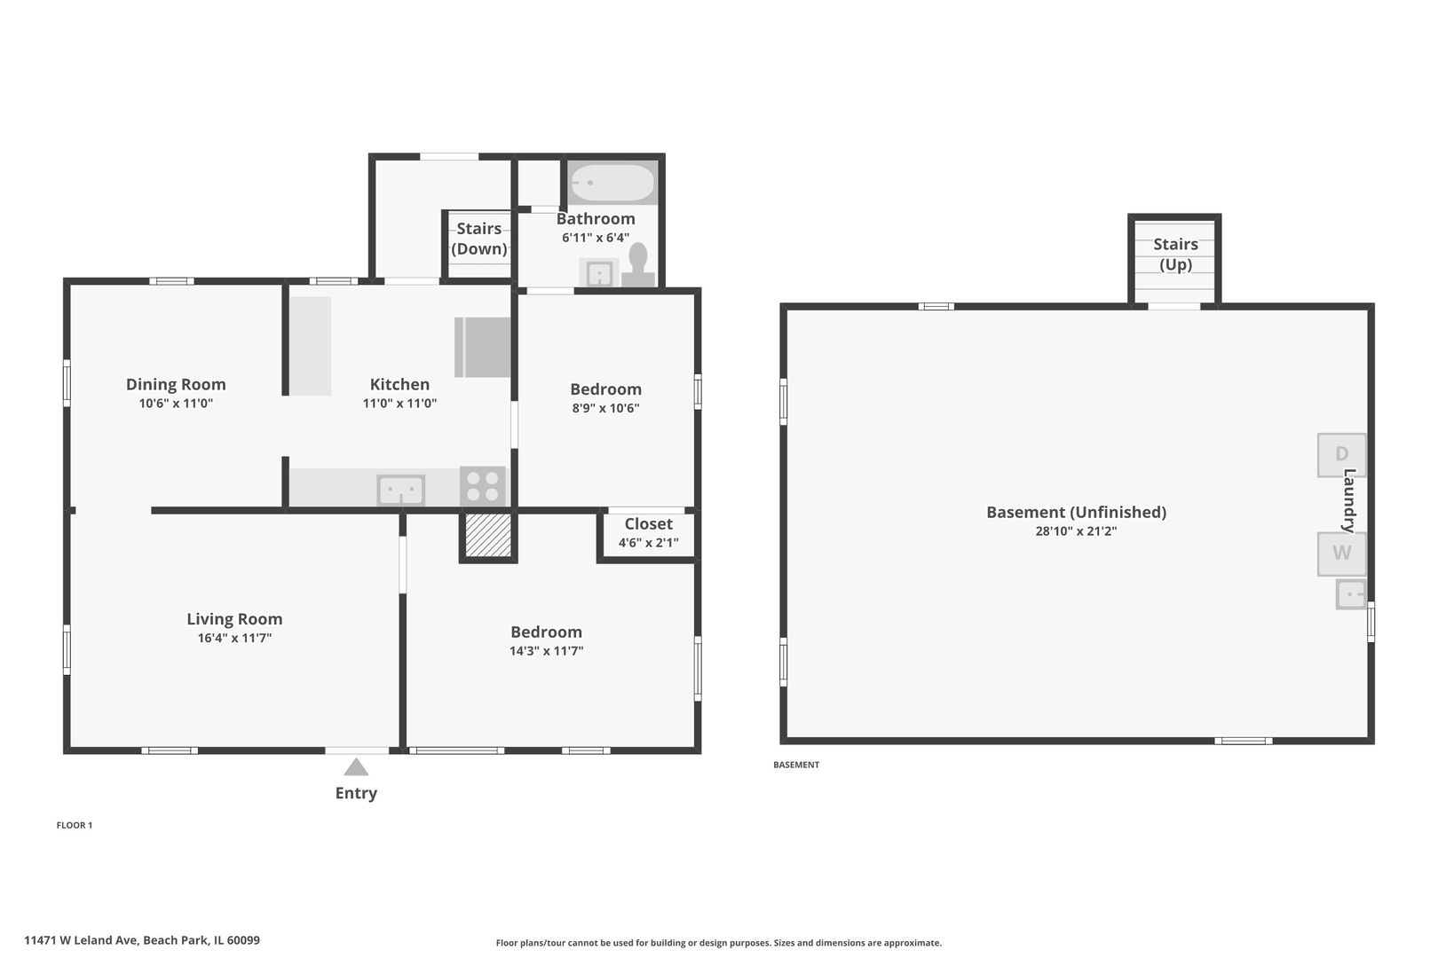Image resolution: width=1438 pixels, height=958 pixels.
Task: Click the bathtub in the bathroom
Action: (612, 183)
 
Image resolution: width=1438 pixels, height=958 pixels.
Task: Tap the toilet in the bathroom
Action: (638, 264)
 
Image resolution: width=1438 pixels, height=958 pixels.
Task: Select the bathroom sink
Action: (599, 273)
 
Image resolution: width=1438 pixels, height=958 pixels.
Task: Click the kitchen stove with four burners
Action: (483, 486)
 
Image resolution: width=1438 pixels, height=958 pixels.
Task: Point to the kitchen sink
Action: (401, 490)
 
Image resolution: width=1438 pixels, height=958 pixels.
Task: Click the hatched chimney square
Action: (487, 535)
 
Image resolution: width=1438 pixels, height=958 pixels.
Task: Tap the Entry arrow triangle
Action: (356, 767)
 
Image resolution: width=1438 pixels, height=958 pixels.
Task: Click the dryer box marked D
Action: (1341, 455)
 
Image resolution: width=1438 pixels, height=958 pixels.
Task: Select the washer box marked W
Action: (1341, 554)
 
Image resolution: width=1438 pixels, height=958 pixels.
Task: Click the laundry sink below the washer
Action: (1350, 594)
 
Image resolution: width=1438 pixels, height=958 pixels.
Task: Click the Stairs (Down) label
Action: (479, 239)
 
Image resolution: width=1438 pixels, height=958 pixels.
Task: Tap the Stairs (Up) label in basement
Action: (1175, 254)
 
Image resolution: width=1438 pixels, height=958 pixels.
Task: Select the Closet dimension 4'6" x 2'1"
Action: (648, 543)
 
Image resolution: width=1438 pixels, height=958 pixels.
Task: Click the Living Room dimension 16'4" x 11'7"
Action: (234, 638)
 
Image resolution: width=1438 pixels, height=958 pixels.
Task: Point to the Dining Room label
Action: (176, 384)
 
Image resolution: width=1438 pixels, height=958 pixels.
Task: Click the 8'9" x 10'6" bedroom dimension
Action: (605, 408)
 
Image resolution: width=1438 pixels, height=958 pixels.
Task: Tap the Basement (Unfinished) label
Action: (1076, 512)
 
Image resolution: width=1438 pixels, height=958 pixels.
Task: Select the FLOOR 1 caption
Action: (75, 825)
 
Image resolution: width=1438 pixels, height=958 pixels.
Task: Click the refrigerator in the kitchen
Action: (484, 348)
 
